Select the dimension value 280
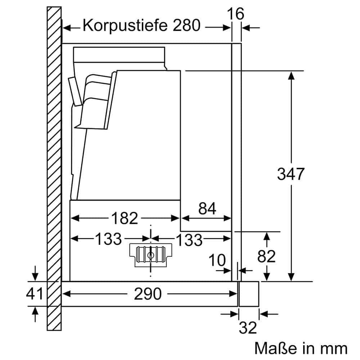[x=186, y=26]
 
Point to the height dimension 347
[x=291, y=174]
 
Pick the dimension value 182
[x=125, y=218]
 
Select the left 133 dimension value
[x=108, y=238]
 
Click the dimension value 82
[x=267, y=256]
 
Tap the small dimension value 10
[x=217, y=260]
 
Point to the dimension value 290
[x=148, y=294]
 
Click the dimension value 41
[x=35, y=294]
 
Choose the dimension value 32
[x=248, y=328]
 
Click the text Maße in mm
[x=301, y=348]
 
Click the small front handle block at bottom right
[x=249, y=294]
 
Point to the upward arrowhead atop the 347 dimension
[x=291, y=75]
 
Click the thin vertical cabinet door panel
[x=236, y=162]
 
